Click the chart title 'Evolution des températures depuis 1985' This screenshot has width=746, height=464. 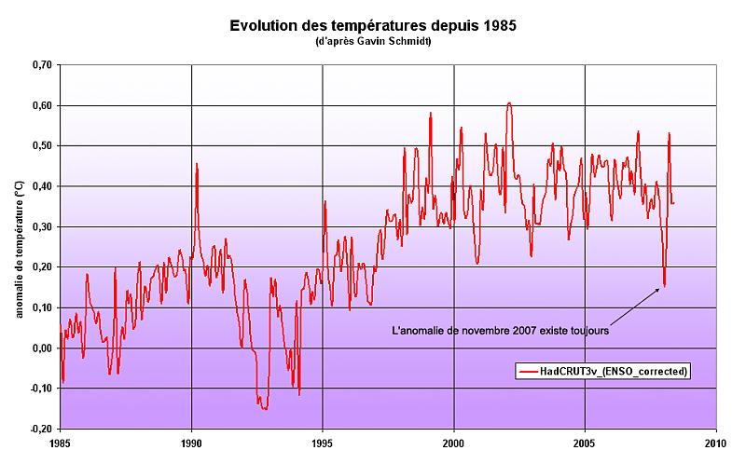tap(373, 25)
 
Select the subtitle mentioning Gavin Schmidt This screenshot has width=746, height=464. tap(373, 42)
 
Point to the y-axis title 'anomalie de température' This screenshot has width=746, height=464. tap(20, 247)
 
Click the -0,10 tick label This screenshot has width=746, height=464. tap(39, 389)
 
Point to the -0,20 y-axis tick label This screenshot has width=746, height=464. tap(39, 430)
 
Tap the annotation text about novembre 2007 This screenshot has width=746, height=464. tap(500, 329)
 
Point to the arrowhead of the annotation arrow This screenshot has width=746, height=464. tap(662, 288)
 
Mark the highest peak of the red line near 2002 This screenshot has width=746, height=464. tap(508, 102)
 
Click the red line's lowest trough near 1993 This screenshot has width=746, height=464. tap(265, 409)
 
